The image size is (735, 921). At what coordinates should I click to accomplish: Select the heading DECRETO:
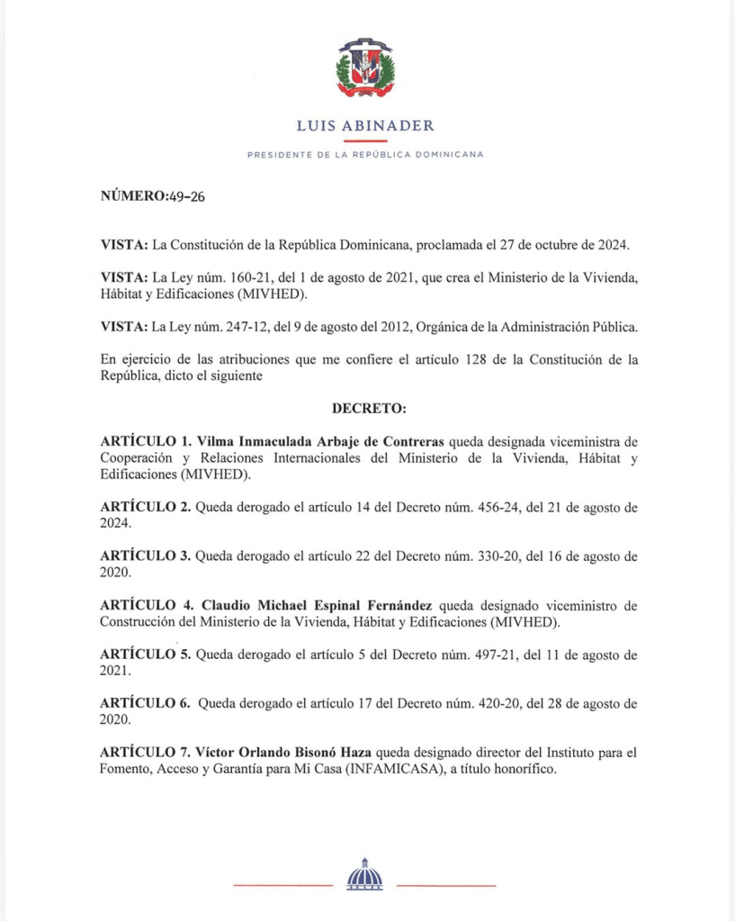pos(370,409)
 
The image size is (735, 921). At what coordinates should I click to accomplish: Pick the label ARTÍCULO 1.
pos(146,441)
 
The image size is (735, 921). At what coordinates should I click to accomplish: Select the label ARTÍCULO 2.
pos(146,507)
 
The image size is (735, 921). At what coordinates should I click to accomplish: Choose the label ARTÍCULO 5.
pos(146,654)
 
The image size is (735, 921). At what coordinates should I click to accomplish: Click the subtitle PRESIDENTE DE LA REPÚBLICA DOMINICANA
pos(365,155)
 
